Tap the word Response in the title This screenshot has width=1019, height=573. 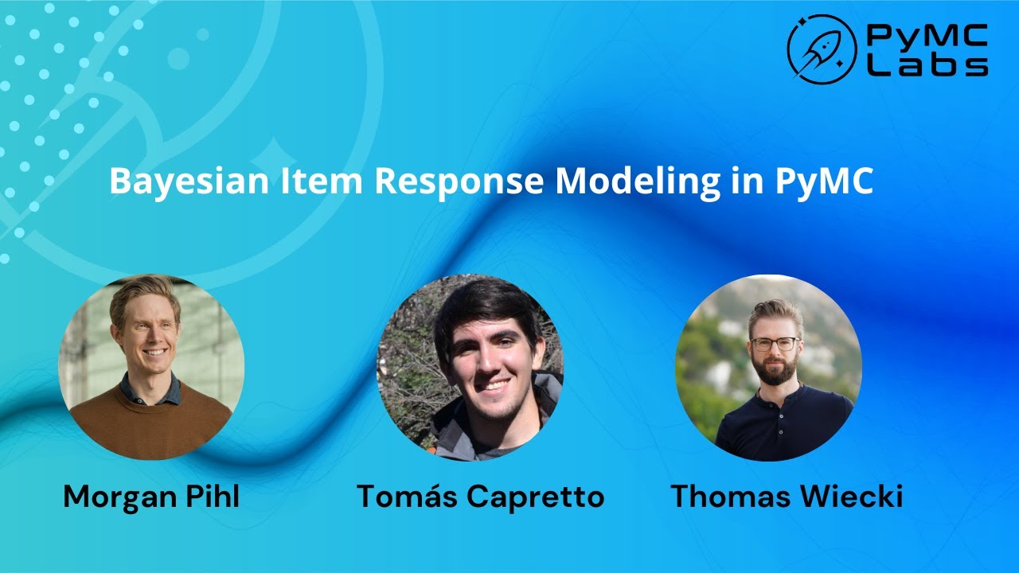click(459, 181)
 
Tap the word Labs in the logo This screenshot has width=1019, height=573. click(927, 65)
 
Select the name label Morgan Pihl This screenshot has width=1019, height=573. click(151, 497)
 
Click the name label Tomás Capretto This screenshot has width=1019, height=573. click(480, 497)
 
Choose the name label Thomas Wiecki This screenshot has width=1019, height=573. click(787, 497)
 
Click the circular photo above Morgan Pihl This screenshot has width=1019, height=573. click(151, 367)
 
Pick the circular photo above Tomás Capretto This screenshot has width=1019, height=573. click(470, 367)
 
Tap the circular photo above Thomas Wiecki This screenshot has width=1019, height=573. click(768, 367)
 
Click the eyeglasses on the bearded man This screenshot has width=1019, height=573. click(774, 344)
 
